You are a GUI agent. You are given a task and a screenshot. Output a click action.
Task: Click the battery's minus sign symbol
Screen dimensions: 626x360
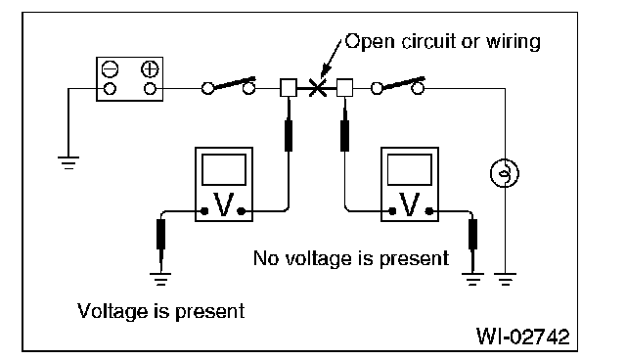[x=110, y=69]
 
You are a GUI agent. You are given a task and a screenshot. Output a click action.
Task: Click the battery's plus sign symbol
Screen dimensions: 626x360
[x=150, y=69]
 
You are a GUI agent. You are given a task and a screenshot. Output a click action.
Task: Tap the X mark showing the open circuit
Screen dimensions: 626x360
[x=317, y=88]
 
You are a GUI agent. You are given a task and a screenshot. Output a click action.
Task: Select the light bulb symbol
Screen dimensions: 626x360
[x=505, y=173]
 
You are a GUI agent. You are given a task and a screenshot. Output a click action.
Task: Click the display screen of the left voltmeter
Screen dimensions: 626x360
[x=224, y=169]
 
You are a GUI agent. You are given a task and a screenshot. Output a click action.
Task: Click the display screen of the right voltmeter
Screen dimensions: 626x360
[x=410, y=169]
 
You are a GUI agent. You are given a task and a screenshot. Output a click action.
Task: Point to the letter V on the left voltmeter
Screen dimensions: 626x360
[x=223, y=204]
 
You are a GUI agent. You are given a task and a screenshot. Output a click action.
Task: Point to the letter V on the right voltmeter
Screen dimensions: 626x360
[x=410, y=204]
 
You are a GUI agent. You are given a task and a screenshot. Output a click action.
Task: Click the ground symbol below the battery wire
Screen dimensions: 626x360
[x=68, y=162]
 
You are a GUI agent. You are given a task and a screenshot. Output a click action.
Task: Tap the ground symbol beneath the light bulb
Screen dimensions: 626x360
[x=505, y=279]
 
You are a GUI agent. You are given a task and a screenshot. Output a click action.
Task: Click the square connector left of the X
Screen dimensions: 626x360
[x=289, y=88]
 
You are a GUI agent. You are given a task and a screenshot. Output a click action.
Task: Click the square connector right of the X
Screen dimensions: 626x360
[x=344, y=88]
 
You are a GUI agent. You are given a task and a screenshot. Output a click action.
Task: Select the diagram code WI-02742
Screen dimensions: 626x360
[x=523, y=337]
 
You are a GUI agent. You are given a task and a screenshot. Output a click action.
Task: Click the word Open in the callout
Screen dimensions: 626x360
[x=370, y=42]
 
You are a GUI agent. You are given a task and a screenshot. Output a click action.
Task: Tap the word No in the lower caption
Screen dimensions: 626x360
[x=267, y=258]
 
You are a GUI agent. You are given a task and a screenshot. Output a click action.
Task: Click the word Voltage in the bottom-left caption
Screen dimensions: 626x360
[x=112, y=312]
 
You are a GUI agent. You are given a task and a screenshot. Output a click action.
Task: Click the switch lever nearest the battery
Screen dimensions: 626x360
[x=235, y=82]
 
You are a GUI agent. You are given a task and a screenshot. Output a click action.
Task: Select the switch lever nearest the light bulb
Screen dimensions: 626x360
[x=403, y=82]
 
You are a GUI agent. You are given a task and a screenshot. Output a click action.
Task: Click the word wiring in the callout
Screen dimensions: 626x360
[x=513, y=42]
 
